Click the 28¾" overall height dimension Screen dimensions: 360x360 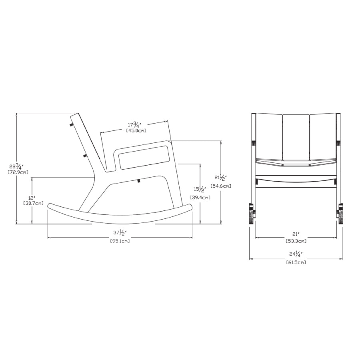click(18, 166)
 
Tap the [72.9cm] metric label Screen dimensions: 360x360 click(18, 172)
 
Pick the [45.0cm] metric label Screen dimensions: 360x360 click(136, 130)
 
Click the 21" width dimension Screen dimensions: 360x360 click(296, 234)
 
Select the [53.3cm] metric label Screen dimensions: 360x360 click(296, 241)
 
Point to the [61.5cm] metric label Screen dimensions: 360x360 click(296, 262)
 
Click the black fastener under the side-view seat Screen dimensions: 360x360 click(138, 181)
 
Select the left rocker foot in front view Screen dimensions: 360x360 click(252, 214)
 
